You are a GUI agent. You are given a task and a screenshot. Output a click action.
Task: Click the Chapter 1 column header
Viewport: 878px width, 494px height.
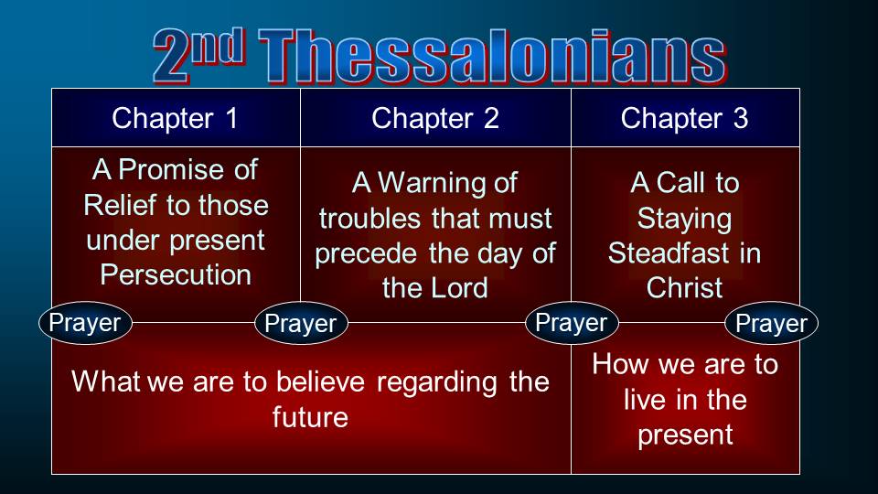tap(176, 118)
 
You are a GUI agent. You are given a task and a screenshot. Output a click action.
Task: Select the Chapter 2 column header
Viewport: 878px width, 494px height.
tap(435, 118)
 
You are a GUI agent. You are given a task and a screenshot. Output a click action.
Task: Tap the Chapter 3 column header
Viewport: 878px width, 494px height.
tap(684, 118)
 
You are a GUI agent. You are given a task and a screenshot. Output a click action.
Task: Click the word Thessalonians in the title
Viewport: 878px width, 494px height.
tap(492, 57)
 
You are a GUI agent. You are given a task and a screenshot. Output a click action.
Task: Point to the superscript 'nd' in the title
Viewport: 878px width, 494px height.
tap(218, 46)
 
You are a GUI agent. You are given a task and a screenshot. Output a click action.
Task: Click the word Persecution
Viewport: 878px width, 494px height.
tap(176, 275)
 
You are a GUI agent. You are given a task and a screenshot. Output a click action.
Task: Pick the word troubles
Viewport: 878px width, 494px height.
tap(369, 219)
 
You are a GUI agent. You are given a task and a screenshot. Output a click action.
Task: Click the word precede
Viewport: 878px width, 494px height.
tap(366, 253)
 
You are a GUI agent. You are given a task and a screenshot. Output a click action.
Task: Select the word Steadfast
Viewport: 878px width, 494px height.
tap(669, 253)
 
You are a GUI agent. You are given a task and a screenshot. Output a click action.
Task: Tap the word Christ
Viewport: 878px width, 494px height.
tap(684, 288)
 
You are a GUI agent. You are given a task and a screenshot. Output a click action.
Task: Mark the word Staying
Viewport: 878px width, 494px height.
tap(684, 219)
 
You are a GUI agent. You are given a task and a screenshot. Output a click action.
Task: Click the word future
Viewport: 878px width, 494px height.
tap(310, 417)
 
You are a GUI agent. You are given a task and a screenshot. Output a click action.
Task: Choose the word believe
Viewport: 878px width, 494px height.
tap(320, 382)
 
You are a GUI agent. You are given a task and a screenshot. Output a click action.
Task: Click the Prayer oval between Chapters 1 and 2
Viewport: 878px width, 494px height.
tap(301, 323)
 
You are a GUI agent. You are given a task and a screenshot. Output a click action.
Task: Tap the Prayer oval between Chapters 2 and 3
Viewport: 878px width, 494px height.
tap(572, 323)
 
